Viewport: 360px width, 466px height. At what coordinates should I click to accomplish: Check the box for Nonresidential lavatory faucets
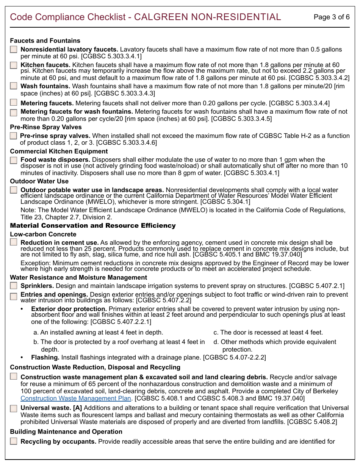coord(14,49)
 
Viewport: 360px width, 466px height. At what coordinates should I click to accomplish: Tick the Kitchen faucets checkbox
coord(14,65)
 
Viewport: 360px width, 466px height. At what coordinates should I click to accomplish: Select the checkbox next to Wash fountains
coord(14,86)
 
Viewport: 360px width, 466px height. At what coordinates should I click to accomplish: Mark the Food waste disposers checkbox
coord(14,160)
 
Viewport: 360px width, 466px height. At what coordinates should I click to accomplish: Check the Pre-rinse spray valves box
coord(13,136)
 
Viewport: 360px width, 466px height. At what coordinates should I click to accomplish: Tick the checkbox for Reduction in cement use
coord(14,242)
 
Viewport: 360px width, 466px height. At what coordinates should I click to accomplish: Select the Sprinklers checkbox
coord(14,286)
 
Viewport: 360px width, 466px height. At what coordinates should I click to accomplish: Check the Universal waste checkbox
coord(14,408)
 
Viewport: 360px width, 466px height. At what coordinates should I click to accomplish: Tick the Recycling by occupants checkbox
coord(14,441)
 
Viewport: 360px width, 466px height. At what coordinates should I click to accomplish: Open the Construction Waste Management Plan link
coord(76,398)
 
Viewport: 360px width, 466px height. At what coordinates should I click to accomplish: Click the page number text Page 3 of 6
coord(332,17)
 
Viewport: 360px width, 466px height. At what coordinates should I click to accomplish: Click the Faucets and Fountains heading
coord(45,41)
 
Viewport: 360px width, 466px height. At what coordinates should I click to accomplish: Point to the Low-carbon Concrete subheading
coord(43,234)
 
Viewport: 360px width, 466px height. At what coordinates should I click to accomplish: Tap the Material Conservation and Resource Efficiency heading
coord(93,225)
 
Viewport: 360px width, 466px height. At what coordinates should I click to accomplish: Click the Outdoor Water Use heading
coord(39,181)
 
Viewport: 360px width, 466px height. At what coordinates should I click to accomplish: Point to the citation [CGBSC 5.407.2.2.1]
coord(121,322)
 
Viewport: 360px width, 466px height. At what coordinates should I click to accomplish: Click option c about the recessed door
coord(268,332)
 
